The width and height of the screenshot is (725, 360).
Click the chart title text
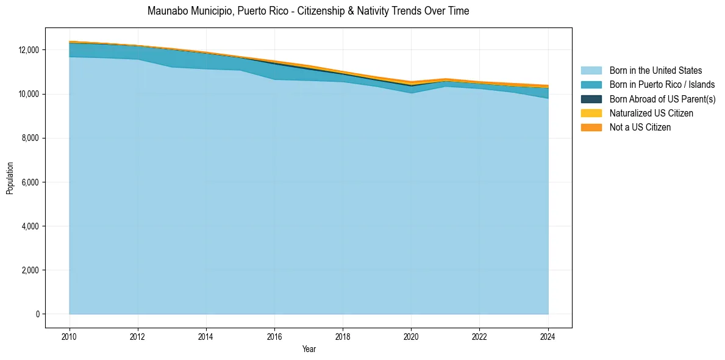point(308,11)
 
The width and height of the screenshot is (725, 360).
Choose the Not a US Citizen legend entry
point(640,128)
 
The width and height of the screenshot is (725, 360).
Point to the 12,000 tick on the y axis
point(29,50)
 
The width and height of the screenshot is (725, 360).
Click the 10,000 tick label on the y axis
point(29,94)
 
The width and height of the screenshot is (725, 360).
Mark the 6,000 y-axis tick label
point(30,182)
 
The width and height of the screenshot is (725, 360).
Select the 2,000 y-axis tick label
point(30,270)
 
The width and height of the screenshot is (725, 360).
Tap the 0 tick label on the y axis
point(37,314)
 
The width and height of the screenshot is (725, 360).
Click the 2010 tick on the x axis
point(70,336)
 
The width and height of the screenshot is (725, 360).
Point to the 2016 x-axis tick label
point(274,336)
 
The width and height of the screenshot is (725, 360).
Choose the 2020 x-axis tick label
point(412,336)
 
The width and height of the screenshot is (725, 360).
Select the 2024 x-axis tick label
point(548,336)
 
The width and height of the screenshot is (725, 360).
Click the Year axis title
point(309,349)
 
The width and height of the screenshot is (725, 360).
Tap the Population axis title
point(10,178)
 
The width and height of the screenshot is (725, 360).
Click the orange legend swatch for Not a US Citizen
point(591,128)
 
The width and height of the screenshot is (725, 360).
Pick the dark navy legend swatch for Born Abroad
point(591,99)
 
